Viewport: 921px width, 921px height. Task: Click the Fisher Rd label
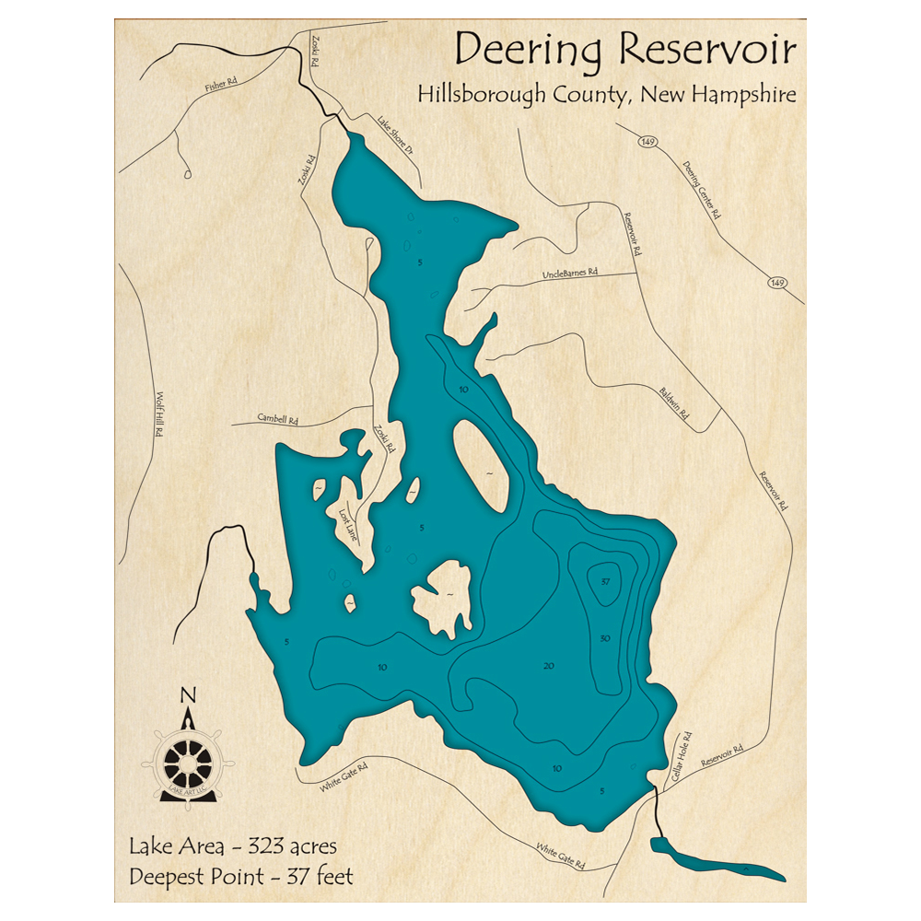click(221, 85)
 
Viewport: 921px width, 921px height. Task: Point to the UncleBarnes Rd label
click(570, 274)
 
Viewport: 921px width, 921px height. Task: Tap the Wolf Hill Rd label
click(159, 414)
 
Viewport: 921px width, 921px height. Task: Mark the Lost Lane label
click(348, 524)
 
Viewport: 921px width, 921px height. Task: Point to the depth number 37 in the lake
click(605, 581)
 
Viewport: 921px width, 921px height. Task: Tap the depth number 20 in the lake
click(550, 666)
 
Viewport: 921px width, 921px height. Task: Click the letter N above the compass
click(188, 695)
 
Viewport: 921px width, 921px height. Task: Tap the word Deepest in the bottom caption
click(172, 876)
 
